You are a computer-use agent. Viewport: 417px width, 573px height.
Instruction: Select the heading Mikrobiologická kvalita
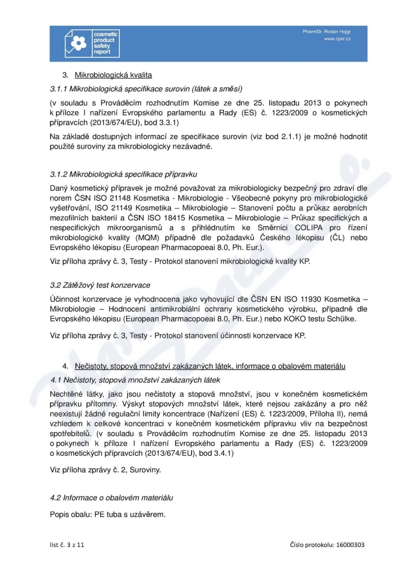[113, 74]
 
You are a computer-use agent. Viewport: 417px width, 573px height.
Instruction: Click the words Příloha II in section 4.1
[325, 412]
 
